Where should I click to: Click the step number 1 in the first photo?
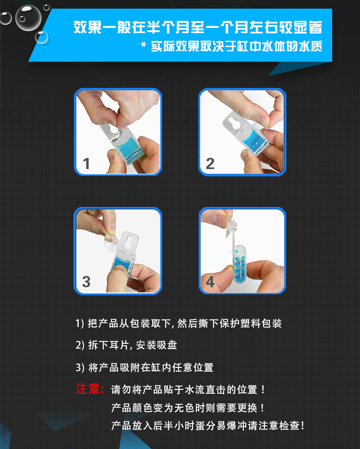pyautogui.click(x=86, y=163)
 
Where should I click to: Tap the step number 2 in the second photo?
pyautogui.click(x=210, y=163)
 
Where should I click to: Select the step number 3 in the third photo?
pyautogui.click(x=86, y=281)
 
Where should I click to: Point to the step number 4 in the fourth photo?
pyautogui.click(x=210, y=281)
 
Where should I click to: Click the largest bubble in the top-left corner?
pyautogui.click(x=28, y=18)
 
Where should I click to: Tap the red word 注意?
pyautogui.click(x=88, y=389)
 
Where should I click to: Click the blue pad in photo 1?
pyautogui.click(x=130, y=148)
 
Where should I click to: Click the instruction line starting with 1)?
pyautogui.click(x=179, y=323)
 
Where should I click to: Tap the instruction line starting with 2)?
pyautogui.click(x=126, y=345)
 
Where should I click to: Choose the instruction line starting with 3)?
pyautogui.click(x=144, y=367)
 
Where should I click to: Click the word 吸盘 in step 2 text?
pyautogui.click(x=167, y=345)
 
